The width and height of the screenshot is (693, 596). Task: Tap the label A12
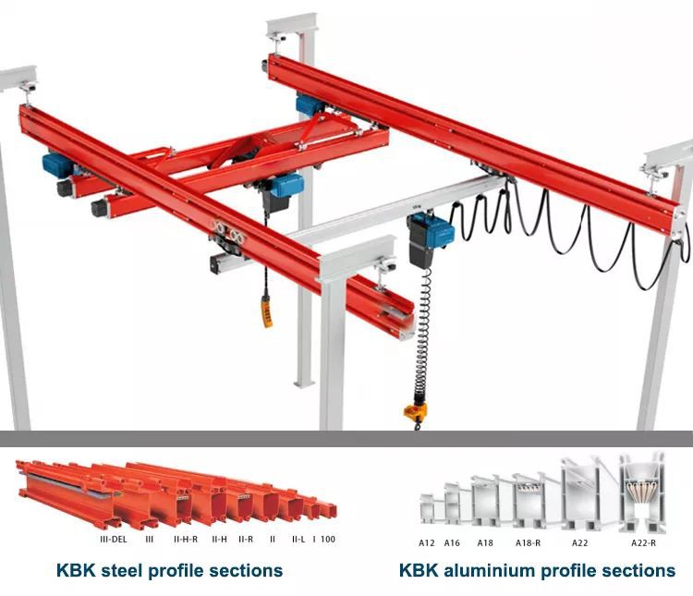(x=427, y=542)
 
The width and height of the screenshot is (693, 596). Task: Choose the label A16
(x=452, y=542)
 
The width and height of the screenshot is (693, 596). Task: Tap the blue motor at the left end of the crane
(x=56, y=166)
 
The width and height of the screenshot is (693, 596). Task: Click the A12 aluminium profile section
(x=428, y=511)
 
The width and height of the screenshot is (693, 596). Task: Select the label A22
(x=579, y=542)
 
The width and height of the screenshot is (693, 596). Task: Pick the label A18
(x=485, y=542)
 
